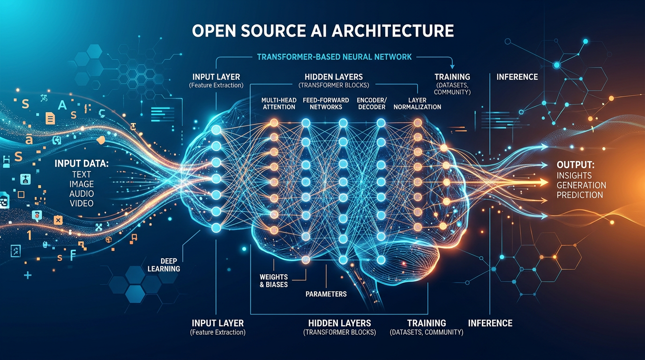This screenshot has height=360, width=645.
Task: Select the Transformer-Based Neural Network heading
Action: tap(334, 57)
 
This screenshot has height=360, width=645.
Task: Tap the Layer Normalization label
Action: tap(417, 103)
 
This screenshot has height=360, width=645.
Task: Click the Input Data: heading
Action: tap(81, 164)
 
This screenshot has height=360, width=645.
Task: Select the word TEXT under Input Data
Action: tap(81, 174)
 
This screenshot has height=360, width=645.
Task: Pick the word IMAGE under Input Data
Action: tap(81, 184)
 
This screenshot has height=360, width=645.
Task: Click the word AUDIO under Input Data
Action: tap(81, 194)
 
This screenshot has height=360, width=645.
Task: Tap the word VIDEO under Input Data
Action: tap(81, 203)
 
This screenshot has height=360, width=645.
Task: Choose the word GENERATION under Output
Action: tap(581, 185)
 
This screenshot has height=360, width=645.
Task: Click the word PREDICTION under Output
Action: tap(580, 195)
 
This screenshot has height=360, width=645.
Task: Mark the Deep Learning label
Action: tap(164, 264)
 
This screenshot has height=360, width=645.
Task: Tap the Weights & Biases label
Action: tap(274, 280)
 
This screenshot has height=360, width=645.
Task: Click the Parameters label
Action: tap(326, 294)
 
